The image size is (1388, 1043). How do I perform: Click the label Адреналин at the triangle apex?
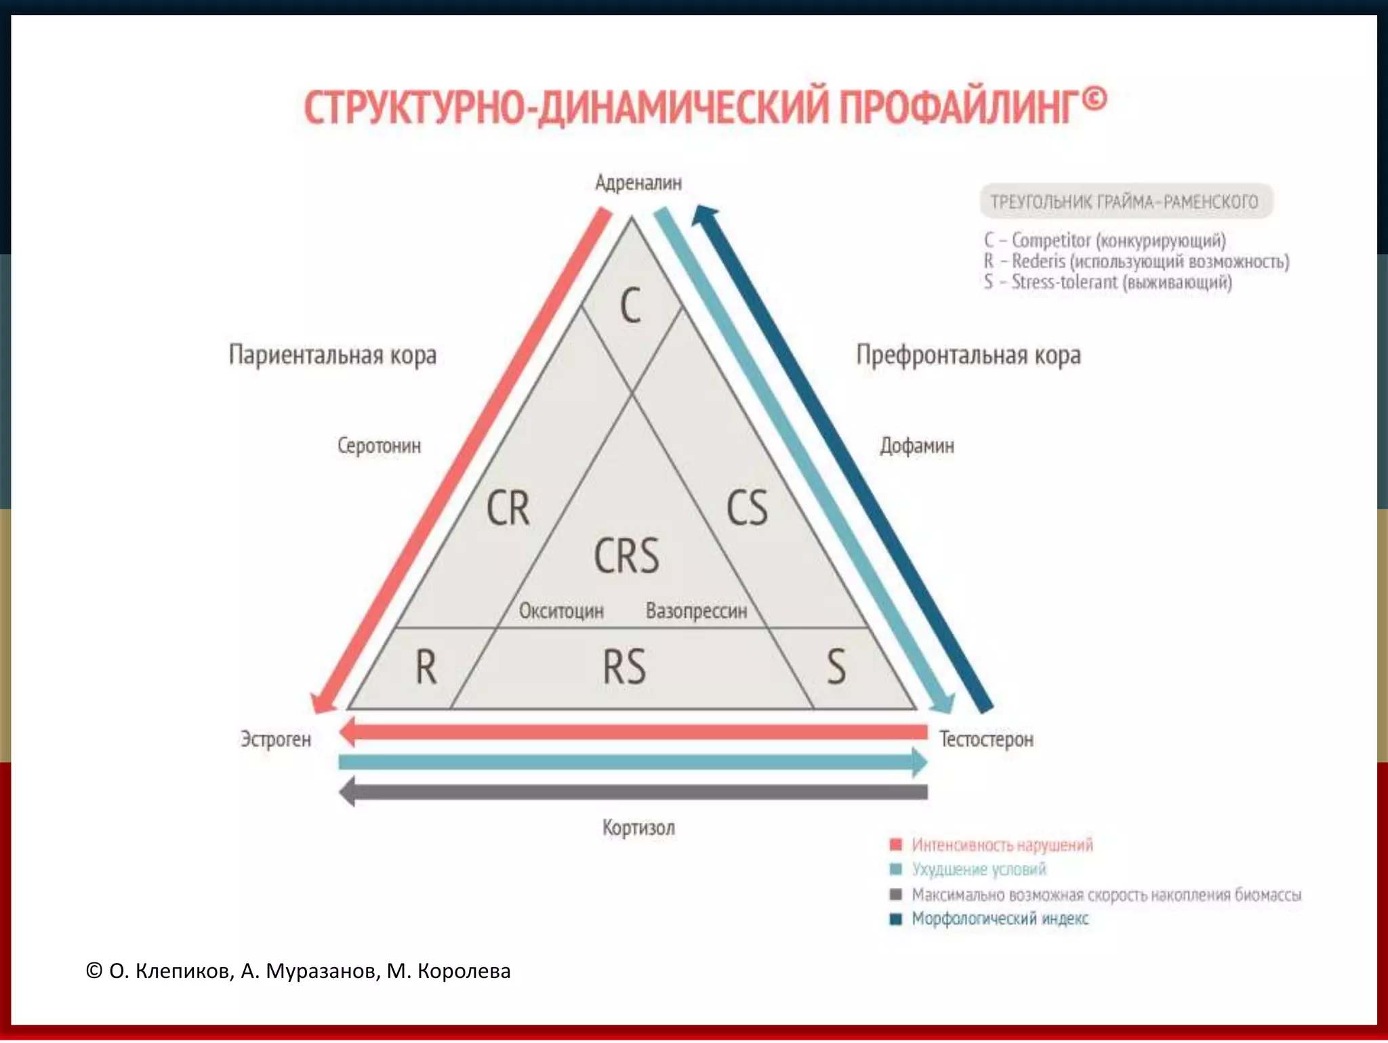click(638, 183)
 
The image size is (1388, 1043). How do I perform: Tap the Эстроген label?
click(276, 739)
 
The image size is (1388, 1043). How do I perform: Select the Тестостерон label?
click(986, 739)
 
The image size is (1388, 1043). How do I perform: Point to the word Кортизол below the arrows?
click(638, 828)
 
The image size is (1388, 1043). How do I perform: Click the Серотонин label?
click(379, 446)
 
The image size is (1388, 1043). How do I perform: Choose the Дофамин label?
click(917, 446)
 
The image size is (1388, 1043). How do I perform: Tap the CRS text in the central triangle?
click(626, 556)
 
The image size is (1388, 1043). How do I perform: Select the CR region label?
click(508, 508)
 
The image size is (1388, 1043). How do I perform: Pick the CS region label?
click(747, 508)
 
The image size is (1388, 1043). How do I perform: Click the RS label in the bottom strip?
click(624, 666)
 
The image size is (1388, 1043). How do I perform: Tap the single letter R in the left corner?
click(426, 666)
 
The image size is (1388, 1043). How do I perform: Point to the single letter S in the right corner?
click(836, 666)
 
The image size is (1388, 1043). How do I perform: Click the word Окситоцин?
click(561, 611)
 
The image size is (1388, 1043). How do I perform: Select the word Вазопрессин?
click(697, 611)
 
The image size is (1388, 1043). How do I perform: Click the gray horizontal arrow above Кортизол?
click(634, 792)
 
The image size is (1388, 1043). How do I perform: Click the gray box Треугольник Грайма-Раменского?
click(1126, 201)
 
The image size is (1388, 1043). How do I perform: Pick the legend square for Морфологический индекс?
click(896, 919)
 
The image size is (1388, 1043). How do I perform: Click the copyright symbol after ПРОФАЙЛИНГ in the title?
click(1094, 100)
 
